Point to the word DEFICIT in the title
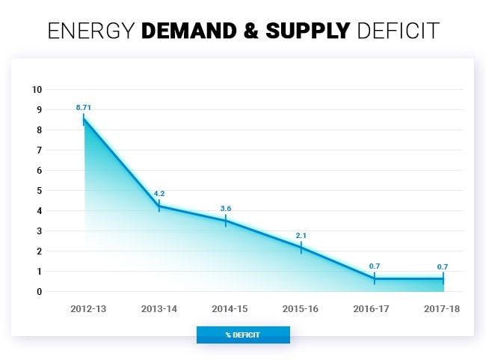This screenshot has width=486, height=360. pos(399,31)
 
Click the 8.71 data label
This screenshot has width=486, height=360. pos(84,108)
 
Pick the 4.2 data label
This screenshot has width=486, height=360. pos(159,193)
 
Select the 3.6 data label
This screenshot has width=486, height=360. pos(226,208)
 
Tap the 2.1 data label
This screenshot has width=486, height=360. pos(301,236)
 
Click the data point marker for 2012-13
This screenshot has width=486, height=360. pos(84,119)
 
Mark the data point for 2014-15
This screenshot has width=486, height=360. pos(226,221)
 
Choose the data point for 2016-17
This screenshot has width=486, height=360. pos(375,278)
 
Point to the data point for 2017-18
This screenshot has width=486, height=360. pos(443,278)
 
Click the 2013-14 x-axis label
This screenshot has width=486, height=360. pos(159,308)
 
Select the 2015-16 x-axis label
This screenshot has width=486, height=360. pos(301,308)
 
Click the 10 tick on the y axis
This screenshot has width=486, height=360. pos(37,90)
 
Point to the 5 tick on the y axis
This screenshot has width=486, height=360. pos(39,190)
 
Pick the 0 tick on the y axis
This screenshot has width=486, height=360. pos(39,291)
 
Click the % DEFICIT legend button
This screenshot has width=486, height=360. pos(243,335)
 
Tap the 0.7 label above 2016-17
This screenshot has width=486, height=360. pos(375,266)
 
